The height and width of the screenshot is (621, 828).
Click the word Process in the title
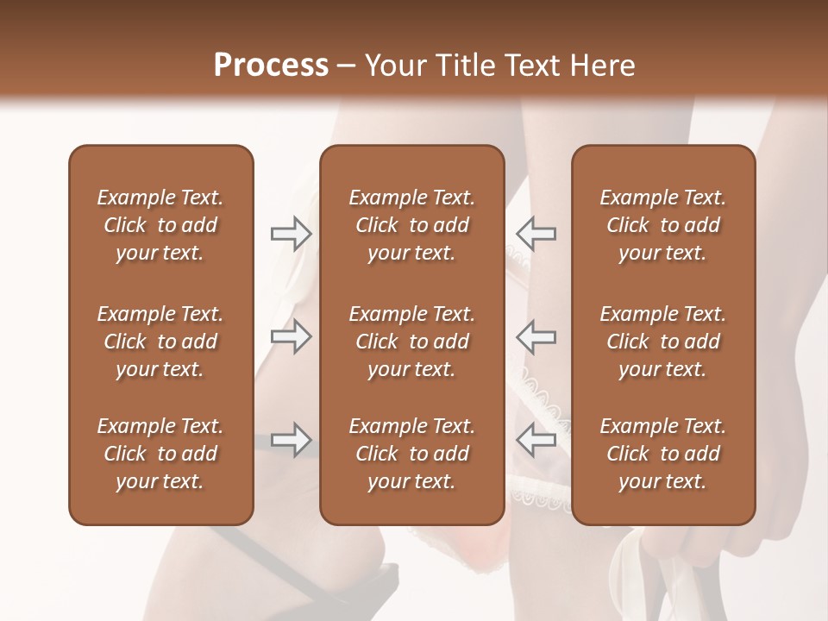point(271,65)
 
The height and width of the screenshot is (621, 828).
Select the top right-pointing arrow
point(291,234)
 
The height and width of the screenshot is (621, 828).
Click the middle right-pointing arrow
point(291,336)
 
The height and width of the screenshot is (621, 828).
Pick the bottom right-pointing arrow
point(291,440)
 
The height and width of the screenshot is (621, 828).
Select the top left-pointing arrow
point(536,234)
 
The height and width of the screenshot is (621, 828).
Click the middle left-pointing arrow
point(536,336)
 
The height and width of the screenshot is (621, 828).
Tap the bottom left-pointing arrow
point(536,440)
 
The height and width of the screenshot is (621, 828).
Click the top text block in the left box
point(160,225)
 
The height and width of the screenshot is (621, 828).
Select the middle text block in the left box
point(160,342)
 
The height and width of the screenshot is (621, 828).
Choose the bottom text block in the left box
point(160,454)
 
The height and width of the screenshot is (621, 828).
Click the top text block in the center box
point(412,225)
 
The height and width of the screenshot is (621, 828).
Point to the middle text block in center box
point(412,342)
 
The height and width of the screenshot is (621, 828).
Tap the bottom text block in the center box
point(412,454)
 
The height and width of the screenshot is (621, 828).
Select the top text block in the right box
point(663,225)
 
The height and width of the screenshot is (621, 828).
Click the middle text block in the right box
point(663,342)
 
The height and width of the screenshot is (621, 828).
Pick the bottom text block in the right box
point(663,454)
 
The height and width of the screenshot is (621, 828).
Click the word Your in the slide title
point(395,65)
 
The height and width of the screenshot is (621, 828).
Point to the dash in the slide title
point(347,66)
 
